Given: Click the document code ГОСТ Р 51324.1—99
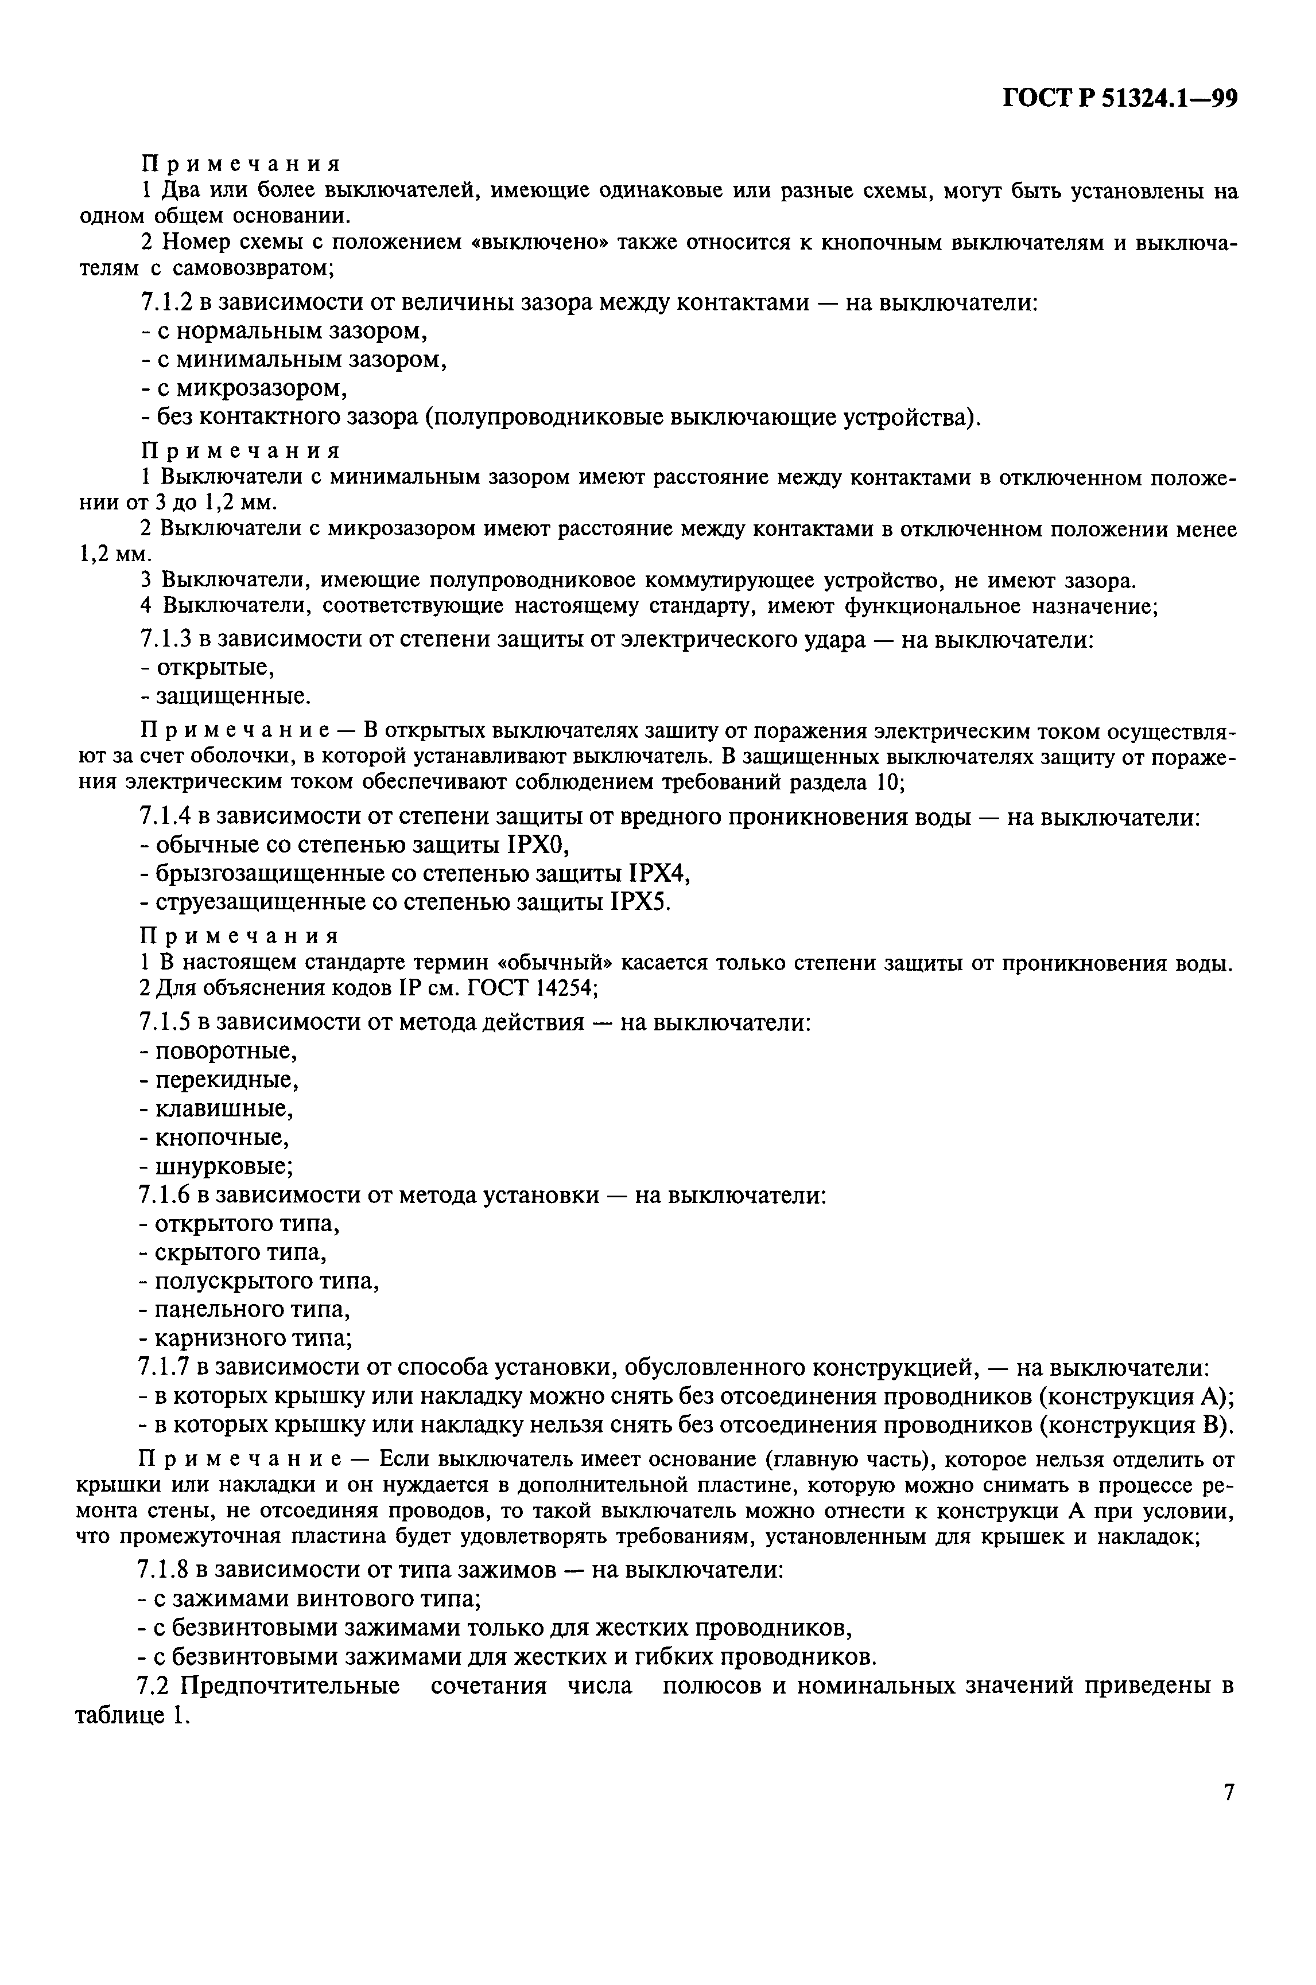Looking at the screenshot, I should point(1120,99).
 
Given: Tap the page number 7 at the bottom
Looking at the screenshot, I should point(1229,1793).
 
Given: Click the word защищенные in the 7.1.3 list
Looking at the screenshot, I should point(232,696).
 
